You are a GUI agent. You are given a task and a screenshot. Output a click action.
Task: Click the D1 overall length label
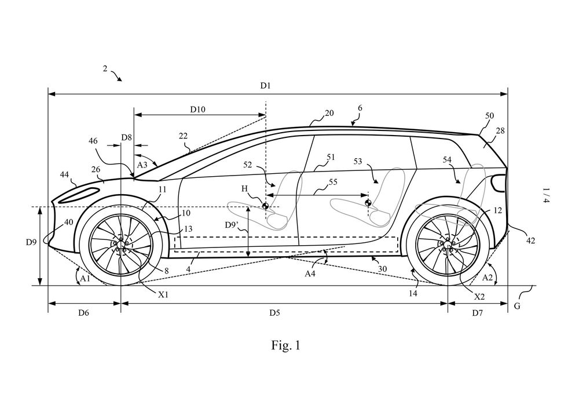265,86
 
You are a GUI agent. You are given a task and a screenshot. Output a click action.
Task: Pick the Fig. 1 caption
286,346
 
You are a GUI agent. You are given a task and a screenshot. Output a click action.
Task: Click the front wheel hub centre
120,245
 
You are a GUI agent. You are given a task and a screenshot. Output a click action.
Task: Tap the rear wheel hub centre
448,245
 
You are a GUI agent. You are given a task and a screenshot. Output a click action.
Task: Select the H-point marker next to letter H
265,206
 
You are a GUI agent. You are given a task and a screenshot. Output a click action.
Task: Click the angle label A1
85,278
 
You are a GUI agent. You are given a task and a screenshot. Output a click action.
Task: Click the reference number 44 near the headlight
64,174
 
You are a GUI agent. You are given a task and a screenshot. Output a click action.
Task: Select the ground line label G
517,305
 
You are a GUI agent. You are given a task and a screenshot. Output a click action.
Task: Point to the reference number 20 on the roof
329,114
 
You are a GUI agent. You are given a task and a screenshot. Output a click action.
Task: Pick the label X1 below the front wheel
164,294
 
